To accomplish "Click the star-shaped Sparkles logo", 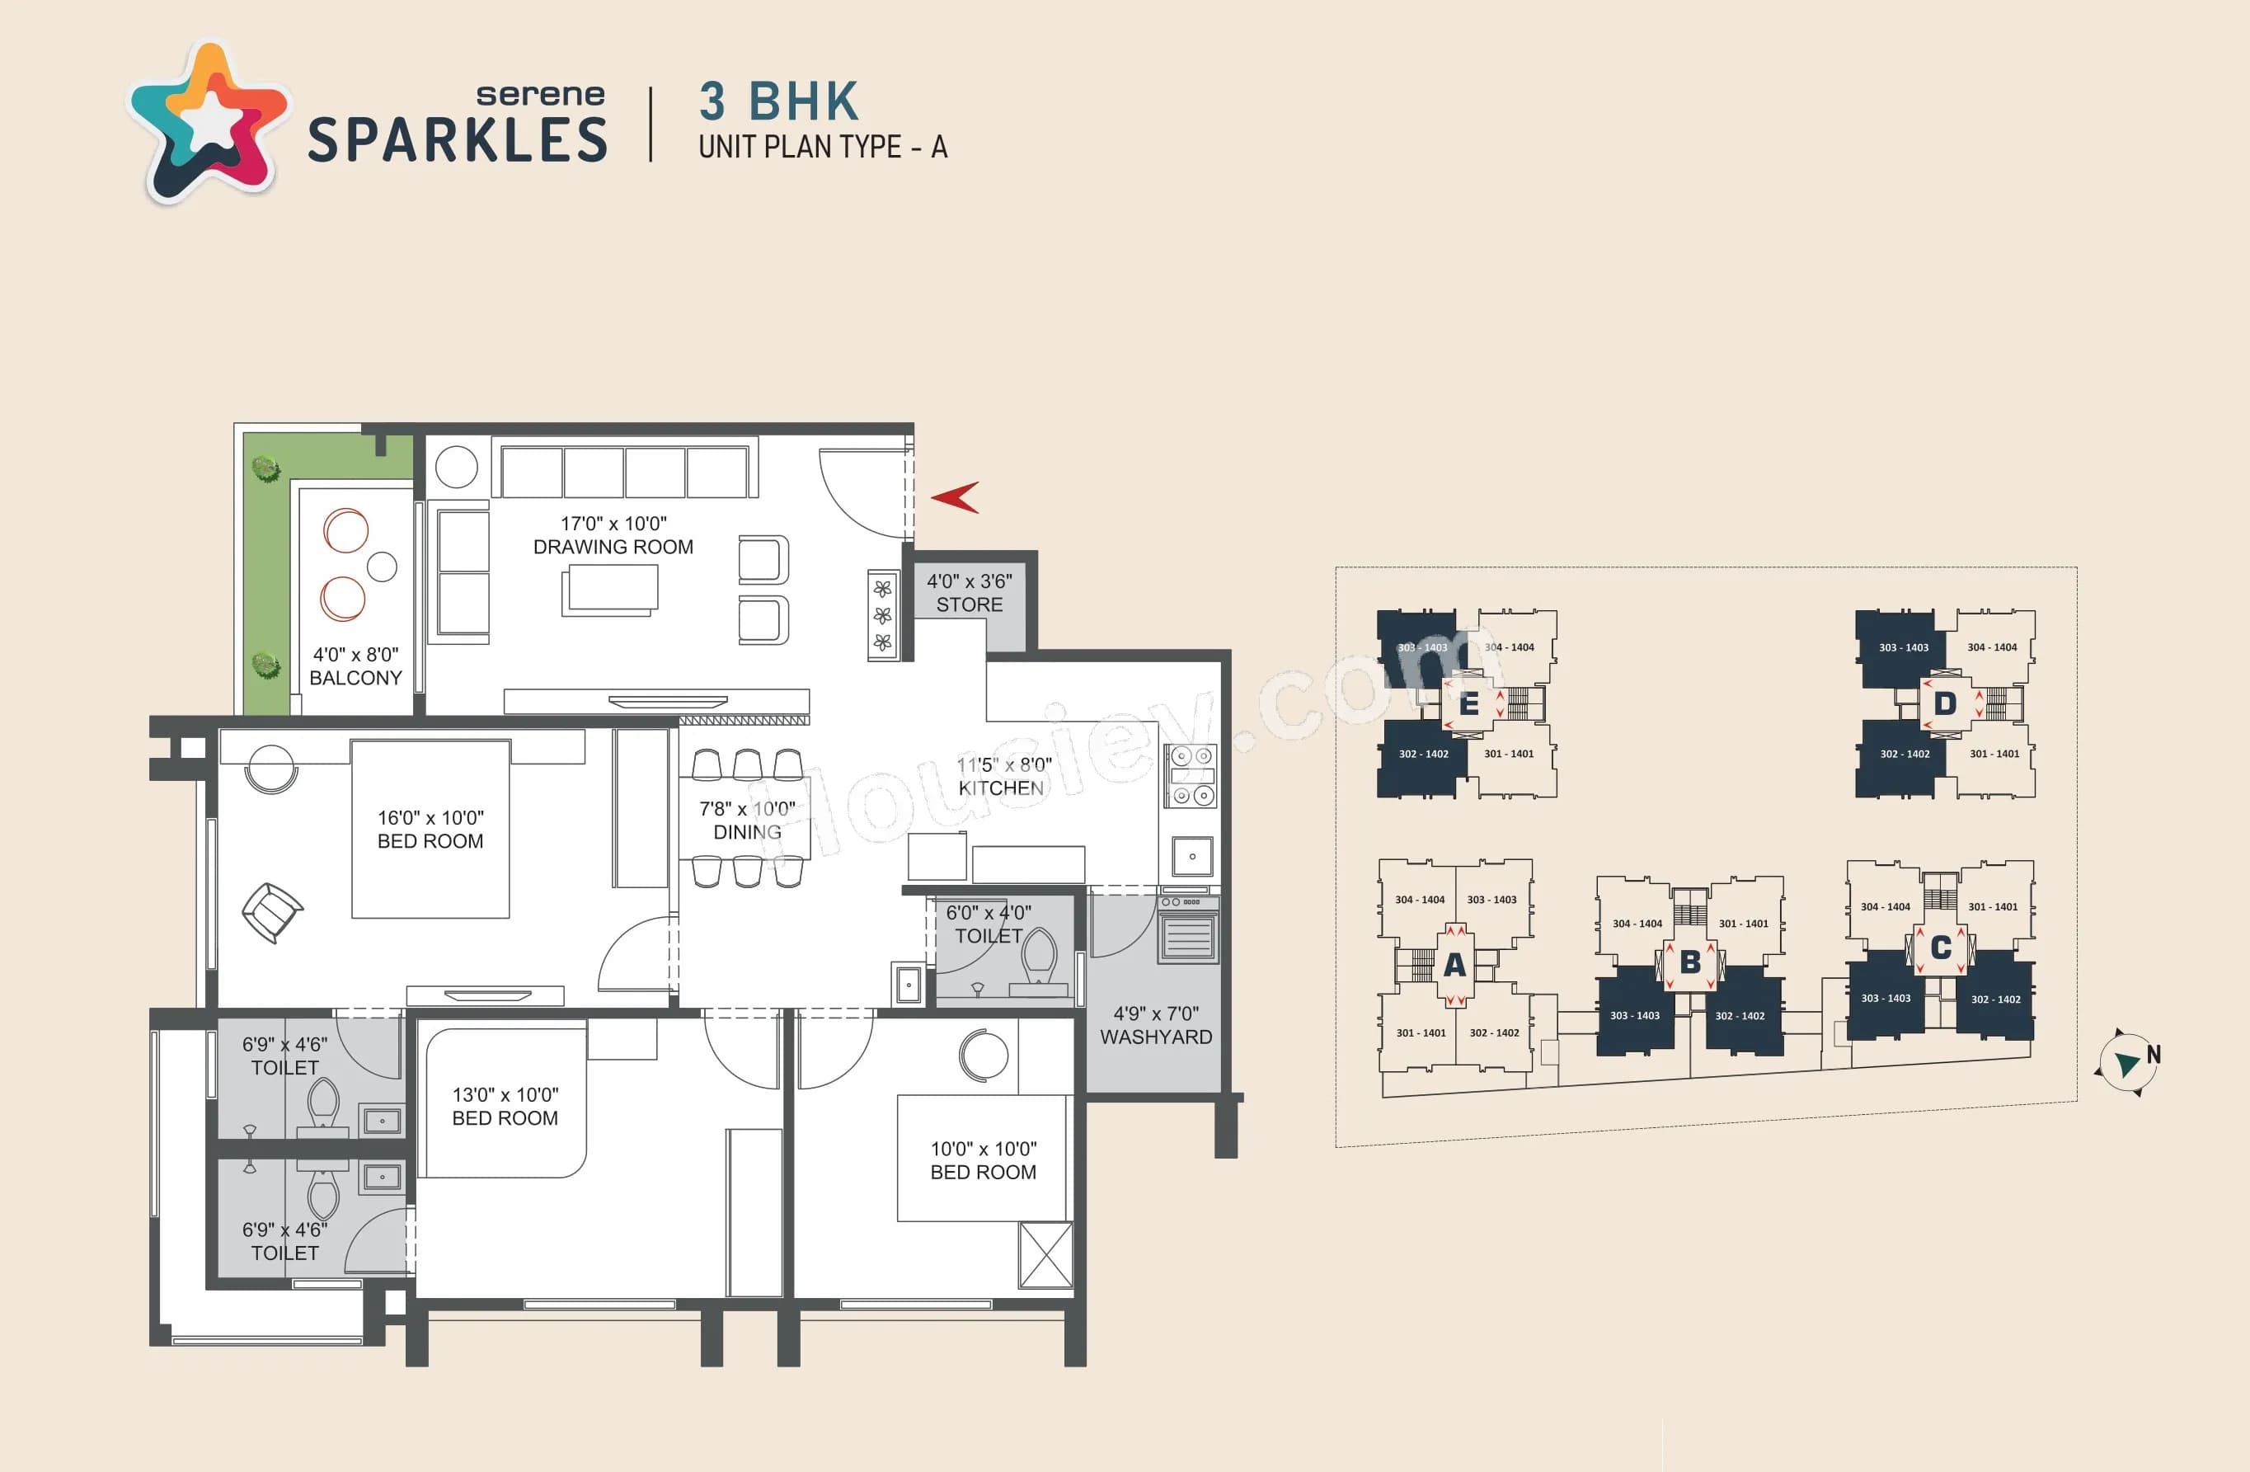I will click(209, 121).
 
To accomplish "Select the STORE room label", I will click(969, 593).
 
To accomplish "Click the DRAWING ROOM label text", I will click(613, 535).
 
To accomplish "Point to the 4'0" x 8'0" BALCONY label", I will click(355, 665).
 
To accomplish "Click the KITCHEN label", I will click(1002, 776).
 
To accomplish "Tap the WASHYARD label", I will click(1155, 1026).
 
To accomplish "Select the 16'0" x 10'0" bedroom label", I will click(430, 829).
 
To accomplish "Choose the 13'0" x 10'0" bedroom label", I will click(505, 1106).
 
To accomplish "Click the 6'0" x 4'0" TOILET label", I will click(988, 924).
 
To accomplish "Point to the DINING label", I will click(747, 821).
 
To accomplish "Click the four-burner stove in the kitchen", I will click(1191, 775).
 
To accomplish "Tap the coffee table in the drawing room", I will click(612, 588).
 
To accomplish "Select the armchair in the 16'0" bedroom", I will click(272, 912).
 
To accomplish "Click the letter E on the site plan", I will click(1468, 703).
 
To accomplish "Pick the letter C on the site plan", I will click(1940, 948).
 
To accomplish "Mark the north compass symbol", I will click(2127, 1064).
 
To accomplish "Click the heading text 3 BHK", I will click(779, 101).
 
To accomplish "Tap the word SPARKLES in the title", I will click(458, 141).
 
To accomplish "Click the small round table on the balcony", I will click(382, 567).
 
